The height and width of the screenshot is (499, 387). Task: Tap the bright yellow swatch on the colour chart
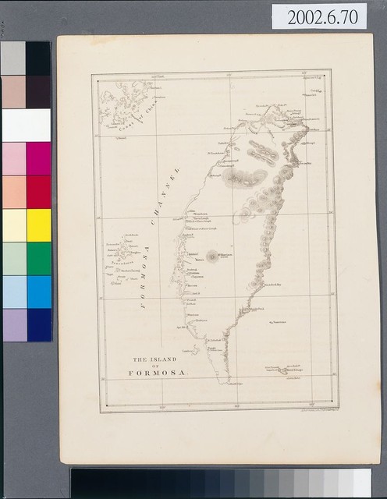pyautogui.click(x=38, y=225)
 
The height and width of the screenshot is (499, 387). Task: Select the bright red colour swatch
pyautogui.click(x=38, y=192)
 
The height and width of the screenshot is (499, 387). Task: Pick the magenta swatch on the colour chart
pyautogui.click(x=38, y=158)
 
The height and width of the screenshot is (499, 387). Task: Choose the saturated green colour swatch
pyautogui.click(x=38, y=258)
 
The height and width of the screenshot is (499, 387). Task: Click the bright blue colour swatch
pyautogui.click(x=38, y=292)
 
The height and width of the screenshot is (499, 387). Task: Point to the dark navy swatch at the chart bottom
pyautogui.click(x=38, y=324)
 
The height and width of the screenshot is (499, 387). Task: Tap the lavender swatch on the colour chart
pyautogui.click(x=14, y=324)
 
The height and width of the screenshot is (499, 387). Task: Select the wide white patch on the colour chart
pyautogui.click(x=26, y=125)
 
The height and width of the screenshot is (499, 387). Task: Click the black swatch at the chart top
pyautogui.click(x=38, y=58)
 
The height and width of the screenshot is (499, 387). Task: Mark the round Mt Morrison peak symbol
pyautogui.click(x=211, y=255)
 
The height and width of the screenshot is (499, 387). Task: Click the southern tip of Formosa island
pyautogui.click(x=227, y=381)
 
